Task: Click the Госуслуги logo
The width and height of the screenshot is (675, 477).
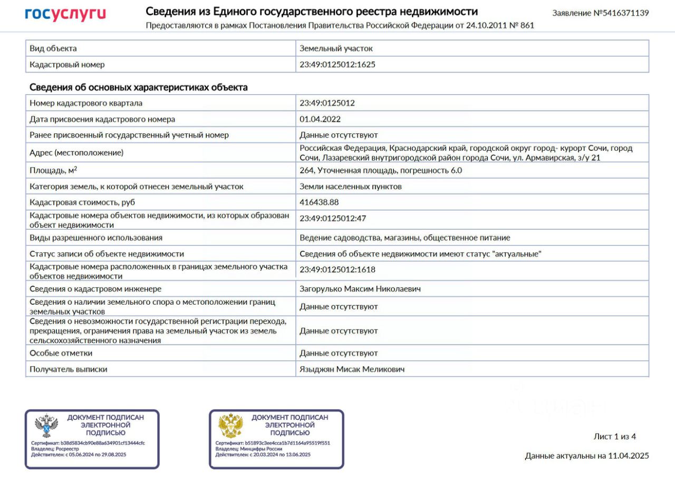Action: click(65, 14)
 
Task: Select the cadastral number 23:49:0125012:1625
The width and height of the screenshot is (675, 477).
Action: click(337, 65)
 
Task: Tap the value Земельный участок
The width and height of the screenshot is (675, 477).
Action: click(336, 48)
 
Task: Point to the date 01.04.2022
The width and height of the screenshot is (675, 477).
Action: click(320, 119)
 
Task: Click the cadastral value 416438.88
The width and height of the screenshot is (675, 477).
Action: click(319, 202)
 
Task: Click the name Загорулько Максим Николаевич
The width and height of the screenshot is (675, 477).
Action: click(360, 289)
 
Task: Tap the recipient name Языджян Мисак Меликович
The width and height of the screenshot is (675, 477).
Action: click(352, 369)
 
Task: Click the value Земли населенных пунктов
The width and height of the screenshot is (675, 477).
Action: click(351, 187)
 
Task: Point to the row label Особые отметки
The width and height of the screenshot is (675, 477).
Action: click(61, 353)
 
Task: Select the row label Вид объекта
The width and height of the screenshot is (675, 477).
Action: click(53, 48)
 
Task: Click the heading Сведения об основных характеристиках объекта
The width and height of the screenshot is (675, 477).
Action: click(138, 87)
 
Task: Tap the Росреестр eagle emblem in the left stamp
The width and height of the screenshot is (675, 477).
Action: click(46, 426)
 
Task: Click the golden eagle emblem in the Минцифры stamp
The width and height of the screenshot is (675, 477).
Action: click(230, 426)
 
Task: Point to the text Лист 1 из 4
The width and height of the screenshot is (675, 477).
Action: click(615, 436)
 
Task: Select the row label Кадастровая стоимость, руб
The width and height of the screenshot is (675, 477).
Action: click(86, 202)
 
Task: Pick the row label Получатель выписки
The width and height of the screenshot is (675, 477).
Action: click(69, 369)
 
